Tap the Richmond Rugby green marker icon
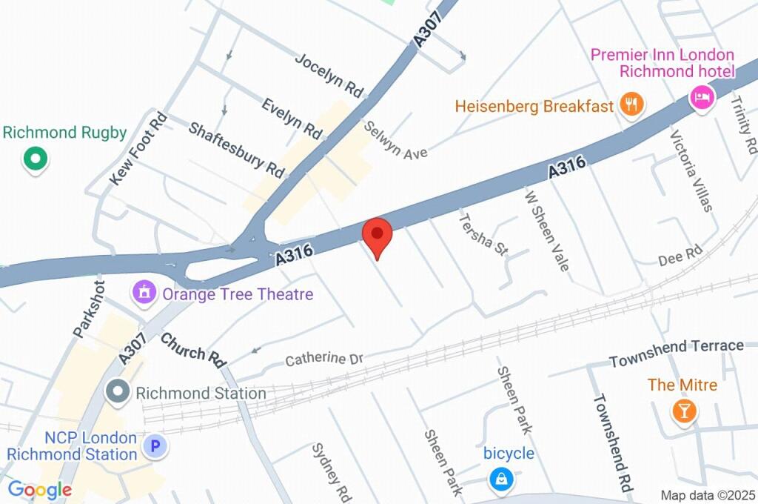click(x=35, y=158)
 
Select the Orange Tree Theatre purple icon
click(x=144, y=292)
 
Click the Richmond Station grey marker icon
click(x=117, y=392)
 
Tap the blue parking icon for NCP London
click(x=155, y=446)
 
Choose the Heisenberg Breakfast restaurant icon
click(x=631, y=105)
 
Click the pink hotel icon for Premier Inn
click(x=701, y=96)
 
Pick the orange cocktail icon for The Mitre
click(x=683, y=411)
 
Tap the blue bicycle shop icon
click(x=501, y=480)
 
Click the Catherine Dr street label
click(x=324, y=359)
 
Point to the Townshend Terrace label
click(x=676, y=353)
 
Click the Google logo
click(x=39, y=490)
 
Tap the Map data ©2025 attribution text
click(x=708, y=495)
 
